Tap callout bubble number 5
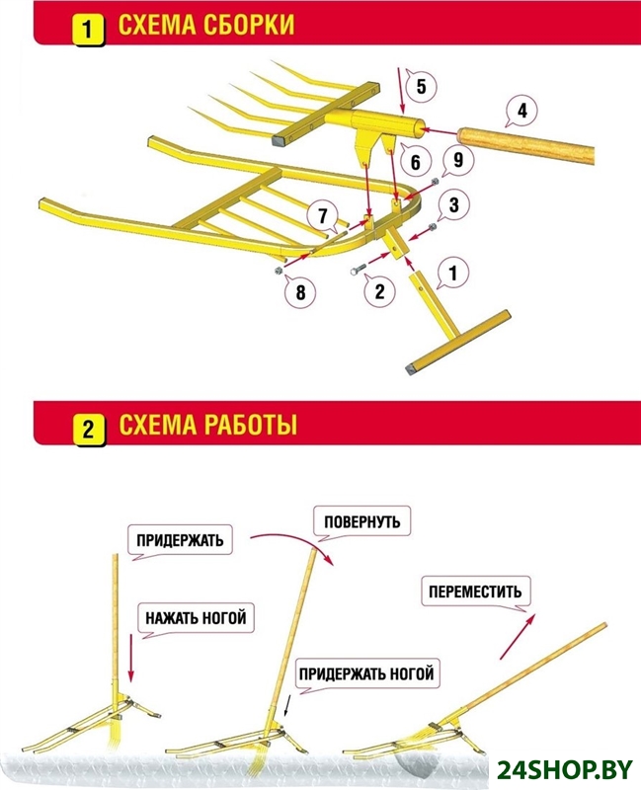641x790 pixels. pos(421,87)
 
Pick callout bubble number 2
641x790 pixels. pos(377,290)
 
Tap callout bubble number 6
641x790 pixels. pos(416,160)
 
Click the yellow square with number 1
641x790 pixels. pos(88,27)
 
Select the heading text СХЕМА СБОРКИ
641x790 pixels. pos(206,26)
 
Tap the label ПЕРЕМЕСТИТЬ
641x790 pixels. pos(473,592)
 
